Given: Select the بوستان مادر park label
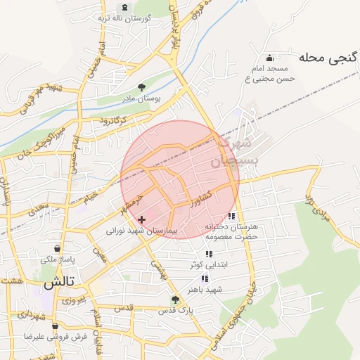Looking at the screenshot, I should pos(141,98).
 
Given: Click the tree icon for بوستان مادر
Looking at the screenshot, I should pos(141,86).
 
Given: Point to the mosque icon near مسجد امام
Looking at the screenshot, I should pos(269,58).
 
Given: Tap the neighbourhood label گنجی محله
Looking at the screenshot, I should pos(329,58).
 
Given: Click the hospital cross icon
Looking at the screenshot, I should pos(141,219).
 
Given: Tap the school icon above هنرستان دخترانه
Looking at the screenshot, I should pos(232,216).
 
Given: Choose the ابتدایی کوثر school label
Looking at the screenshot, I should pos(209,265).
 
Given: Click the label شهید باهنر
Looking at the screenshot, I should pos(205,289).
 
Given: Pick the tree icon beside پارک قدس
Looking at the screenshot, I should pos(175,299).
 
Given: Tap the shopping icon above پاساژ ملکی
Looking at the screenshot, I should pos(57,248).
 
